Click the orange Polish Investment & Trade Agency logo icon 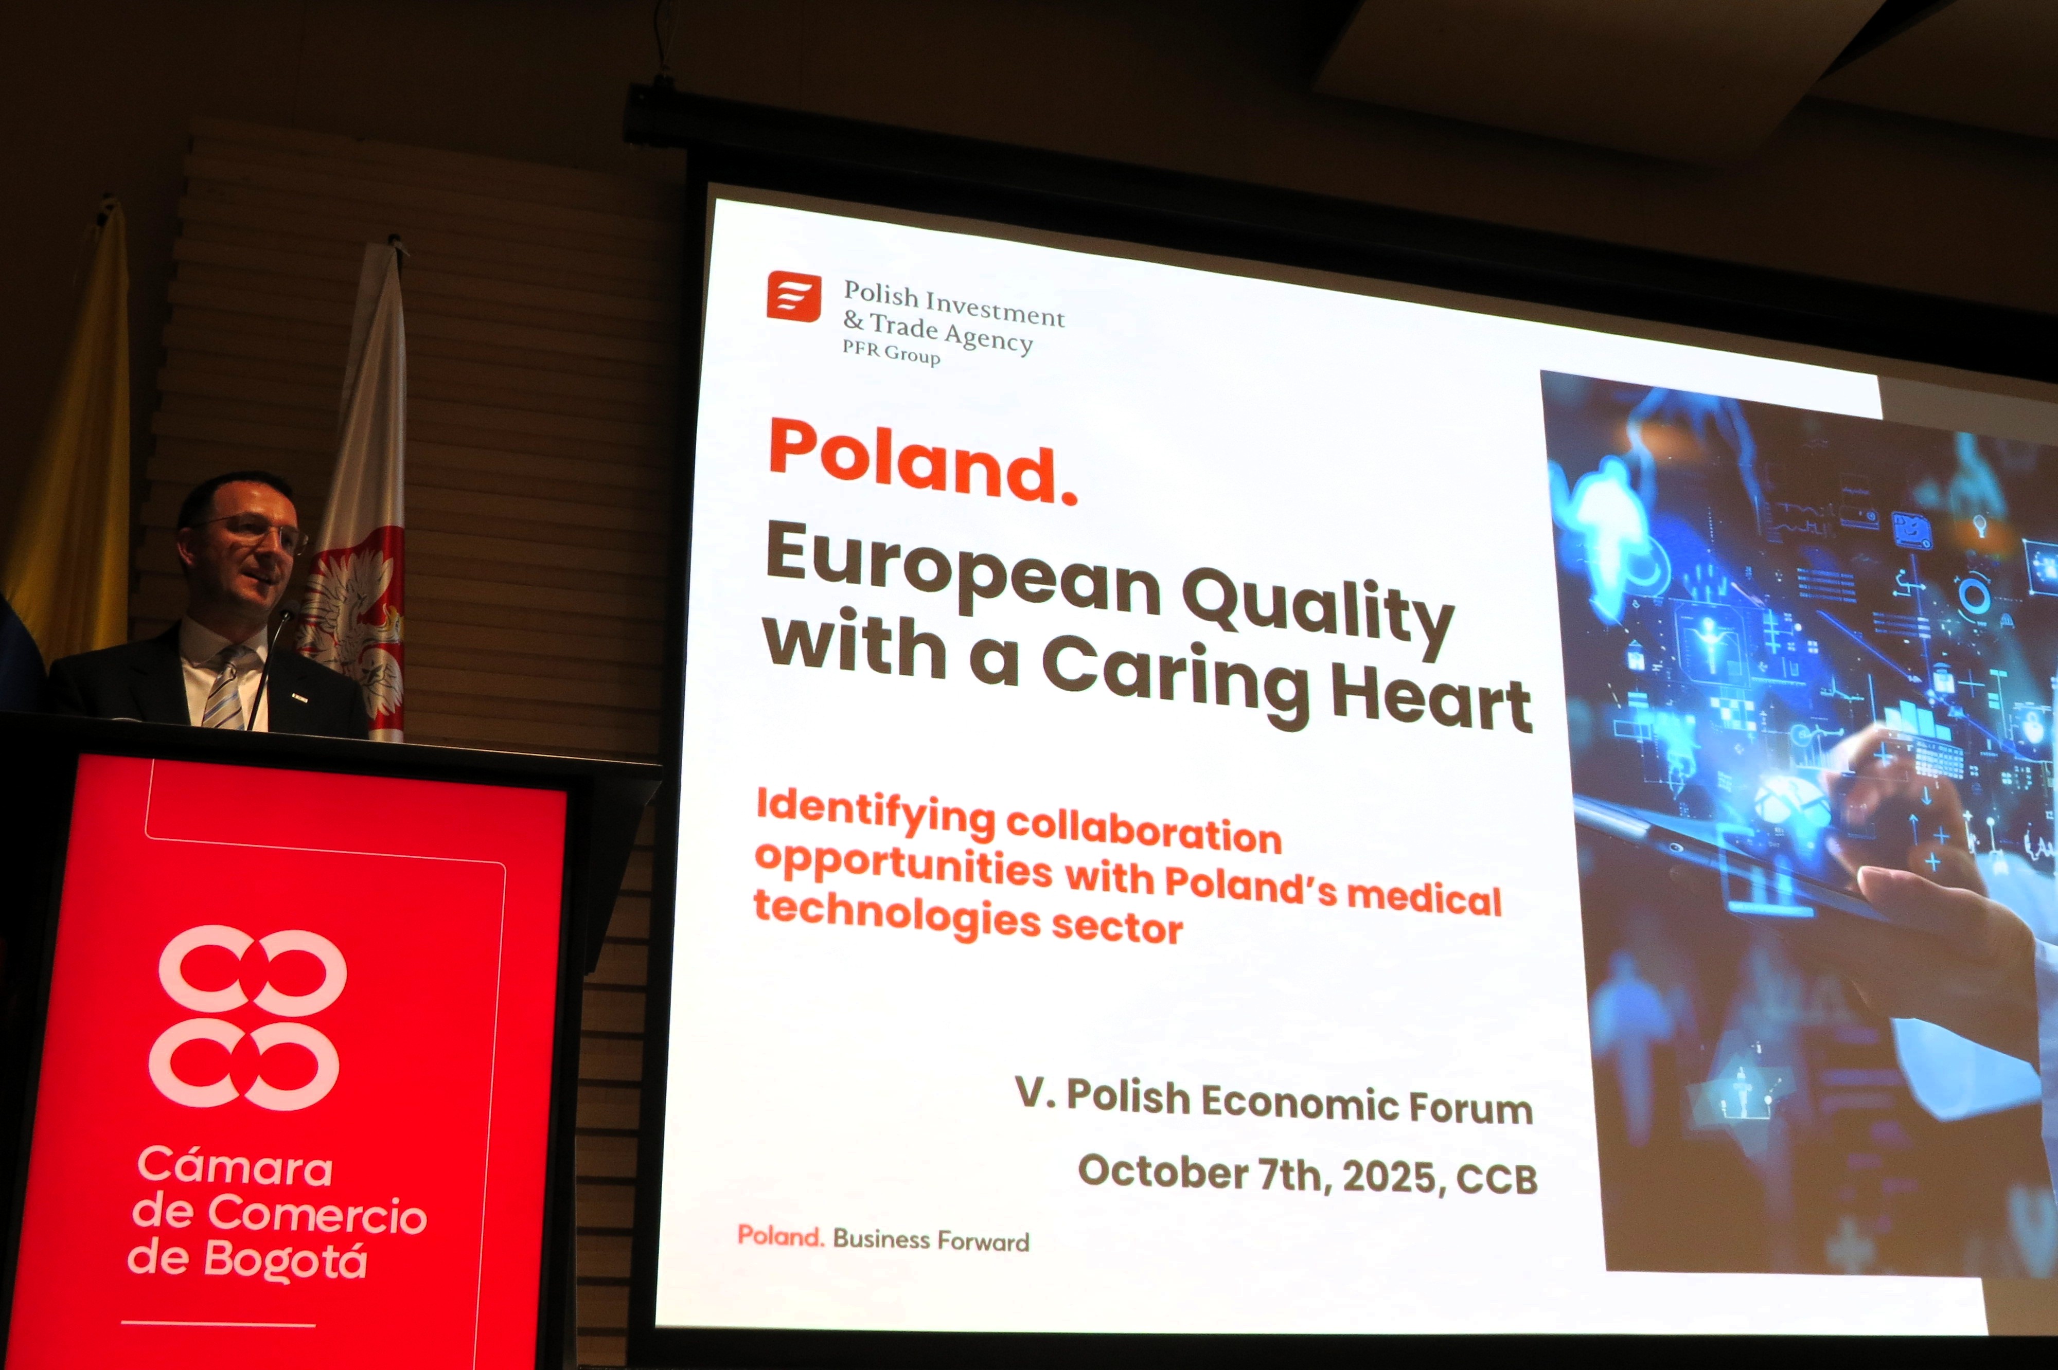793,296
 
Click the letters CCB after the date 1497,1179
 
